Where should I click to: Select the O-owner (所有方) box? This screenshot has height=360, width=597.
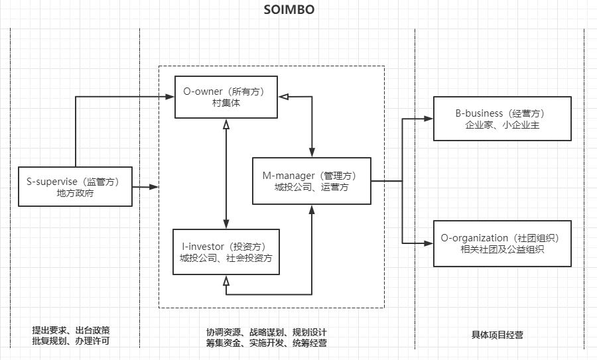(226, 97)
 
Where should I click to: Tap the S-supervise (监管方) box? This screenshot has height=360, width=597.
(75, 186)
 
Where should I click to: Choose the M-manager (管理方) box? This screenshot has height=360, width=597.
(312, 181)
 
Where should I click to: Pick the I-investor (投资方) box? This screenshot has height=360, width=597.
(226, 251)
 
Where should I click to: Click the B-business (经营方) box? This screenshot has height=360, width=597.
(502, 119)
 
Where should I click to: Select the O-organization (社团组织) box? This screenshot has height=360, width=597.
(502, 243)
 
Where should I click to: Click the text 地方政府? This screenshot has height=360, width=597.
(75, 194)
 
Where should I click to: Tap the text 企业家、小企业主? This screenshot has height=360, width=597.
(502, 125)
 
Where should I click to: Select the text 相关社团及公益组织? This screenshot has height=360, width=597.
(502, 249)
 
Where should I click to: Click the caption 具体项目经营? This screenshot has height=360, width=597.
(497, 335)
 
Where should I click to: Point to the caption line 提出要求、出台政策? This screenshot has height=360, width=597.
(71, 330)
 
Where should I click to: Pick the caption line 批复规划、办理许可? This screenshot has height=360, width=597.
(71, 341)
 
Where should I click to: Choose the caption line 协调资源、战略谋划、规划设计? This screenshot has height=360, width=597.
(266, 331)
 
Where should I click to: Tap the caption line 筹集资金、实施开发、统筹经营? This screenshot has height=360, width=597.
(266, 343)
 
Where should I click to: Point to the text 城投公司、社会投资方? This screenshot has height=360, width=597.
(226, 259)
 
